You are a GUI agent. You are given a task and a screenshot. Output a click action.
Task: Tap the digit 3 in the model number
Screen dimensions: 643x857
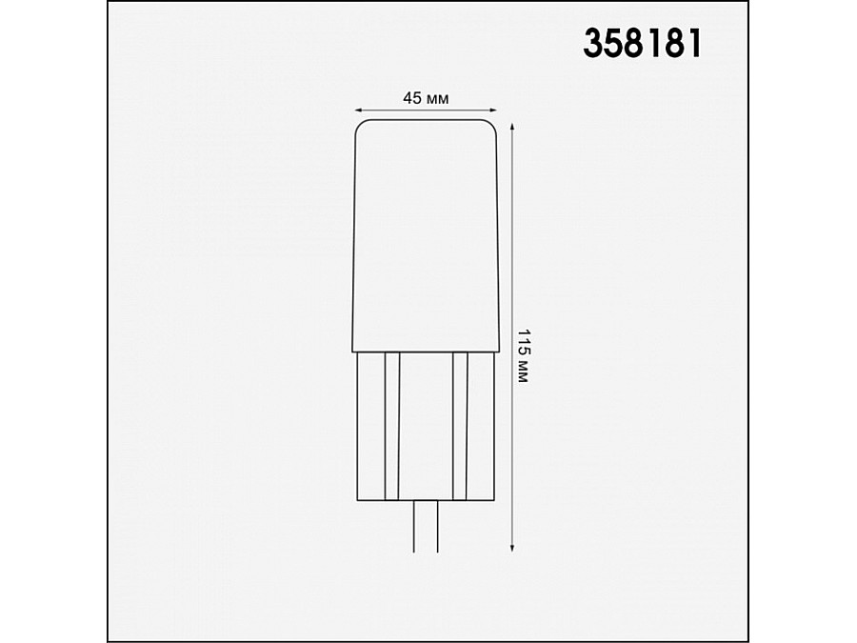[x=592, y=43]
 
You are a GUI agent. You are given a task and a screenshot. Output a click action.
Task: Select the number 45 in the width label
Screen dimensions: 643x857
[x=411, y=98]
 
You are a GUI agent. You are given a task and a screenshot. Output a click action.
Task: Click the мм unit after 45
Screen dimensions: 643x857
[x=437, y=98]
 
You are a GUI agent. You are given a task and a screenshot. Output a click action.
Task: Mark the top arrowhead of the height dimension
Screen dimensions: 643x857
[x=514, y=128]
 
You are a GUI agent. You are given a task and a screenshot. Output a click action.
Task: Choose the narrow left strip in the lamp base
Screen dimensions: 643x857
[x=390, y=426]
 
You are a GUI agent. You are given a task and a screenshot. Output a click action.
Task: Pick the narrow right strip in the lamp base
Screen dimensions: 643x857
[x=461, y=426]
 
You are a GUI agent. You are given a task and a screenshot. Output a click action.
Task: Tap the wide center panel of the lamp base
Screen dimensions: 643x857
[x=426, y=426]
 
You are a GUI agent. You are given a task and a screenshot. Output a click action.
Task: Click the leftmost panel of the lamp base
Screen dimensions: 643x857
[x=369, y=426]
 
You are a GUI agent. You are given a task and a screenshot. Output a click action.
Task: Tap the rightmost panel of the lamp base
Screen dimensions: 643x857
[x=482, y=426]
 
